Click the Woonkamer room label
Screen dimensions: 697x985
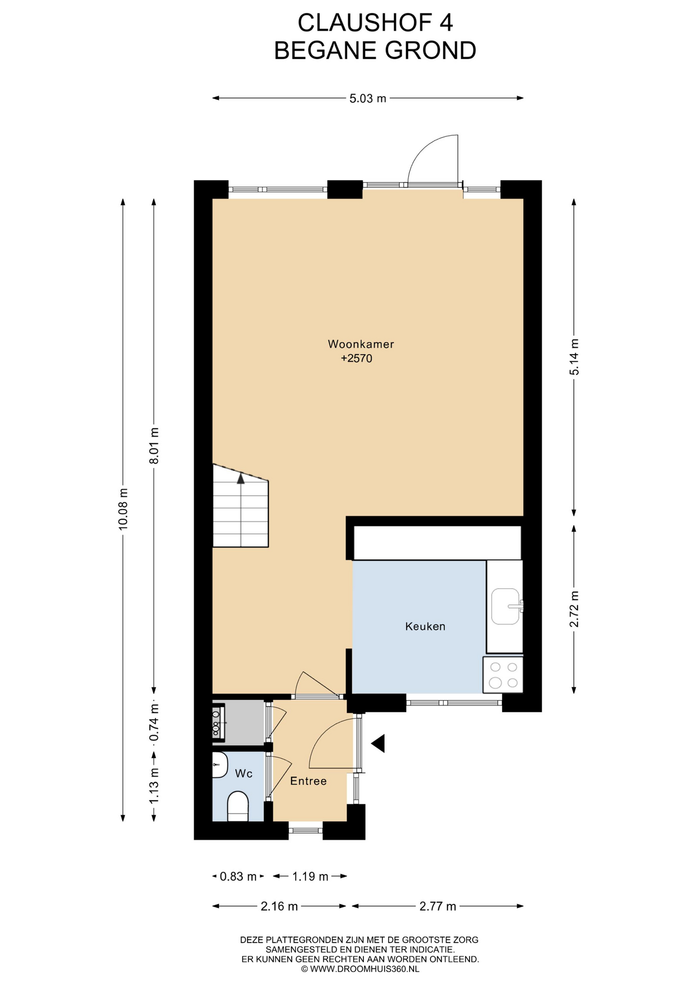(x=361, y=344)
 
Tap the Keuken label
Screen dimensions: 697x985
(x=425, y=626)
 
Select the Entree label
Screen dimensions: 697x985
(x=308, y=781)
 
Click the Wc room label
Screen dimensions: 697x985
(x=244, y=773)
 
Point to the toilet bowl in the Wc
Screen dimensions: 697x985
(x=238, y=806)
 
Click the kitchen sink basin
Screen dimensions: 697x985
(x=506, y=606)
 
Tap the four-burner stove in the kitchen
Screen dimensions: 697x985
(x=503, y=675)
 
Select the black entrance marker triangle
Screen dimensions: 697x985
(x=378, y=743)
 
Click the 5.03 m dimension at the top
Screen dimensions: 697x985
(x=367, y=98)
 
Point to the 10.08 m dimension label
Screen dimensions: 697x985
(x=123, y=509)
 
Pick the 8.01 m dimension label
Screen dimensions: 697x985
(x=154, y=445)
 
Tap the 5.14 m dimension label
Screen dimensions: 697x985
(x=574, y=357)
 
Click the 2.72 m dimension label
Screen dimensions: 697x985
(x=574, y=609)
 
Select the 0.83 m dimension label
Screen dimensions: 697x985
(x=238, y=877)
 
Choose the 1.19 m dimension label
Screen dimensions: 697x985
(x=310, y=877)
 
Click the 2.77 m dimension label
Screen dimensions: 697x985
(x=438, y=907)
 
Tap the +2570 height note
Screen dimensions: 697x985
(x=357, y=359)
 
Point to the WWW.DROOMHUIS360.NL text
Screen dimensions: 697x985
(x=364, y=969)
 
